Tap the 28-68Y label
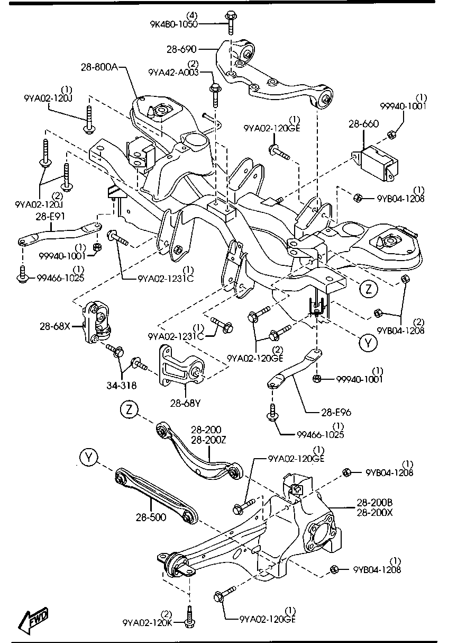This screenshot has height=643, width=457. coord(185,404)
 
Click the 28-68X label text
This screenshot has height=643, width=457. coord(54,327)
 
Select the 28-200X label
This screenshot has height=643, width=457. coord(374,512)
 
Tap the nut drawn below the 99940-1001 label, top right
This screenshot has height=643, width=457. coord(392,135)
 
